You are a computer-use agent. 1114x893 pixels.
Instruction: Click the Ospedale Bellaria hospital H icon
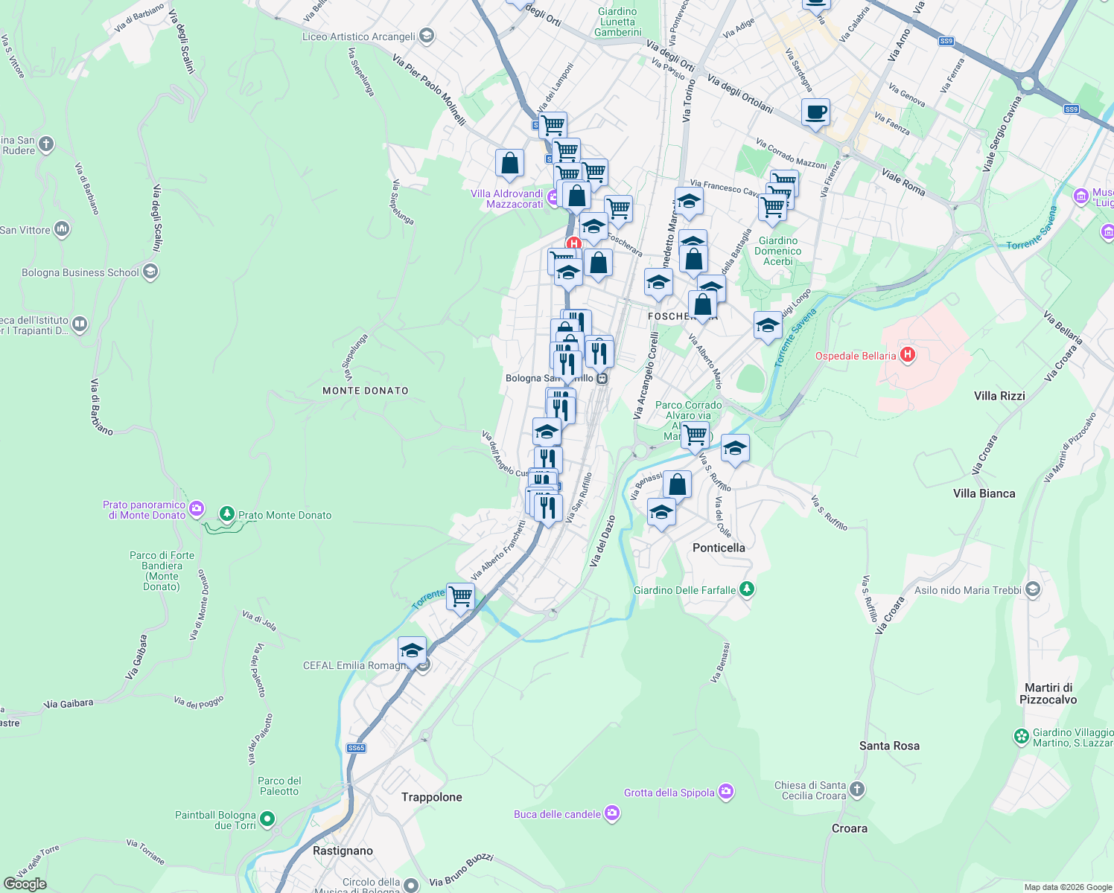(x=907, y=355)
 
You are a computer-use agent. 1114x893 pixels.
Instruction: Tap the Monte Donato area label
(x=365, y=391)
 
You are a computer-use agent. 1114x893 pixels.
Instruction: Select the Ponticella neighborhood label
(x=718, y=548)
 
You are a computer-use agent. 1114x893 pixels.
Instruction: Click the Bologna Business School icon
(x=150, y=272)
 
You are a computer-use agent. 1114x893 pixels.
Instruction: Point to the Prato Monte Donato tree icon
(x=226, y=514)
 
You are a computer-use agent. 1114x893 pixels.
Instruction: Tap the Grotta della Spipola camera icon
(x=726, y=793)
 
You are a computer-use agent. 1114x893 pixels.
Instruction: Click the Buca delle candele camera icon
(x=612, y=813)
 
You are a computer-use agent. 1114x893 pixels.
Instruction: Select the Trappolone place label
(x=431, y=797)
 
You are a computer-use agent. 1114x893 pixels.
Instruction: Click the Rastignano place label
(x=343, y=851)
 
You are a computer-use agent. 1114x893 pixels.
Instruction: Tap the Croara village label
(x=849, y=828)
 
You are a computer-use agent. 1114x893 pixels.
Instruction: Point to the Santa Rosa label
(x=889, y=746)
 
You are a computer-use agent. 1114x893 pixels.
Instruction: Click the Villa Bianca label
(x=984, y=493)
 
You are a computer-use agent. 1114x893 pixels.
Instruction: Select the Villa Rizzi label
(x=999, y=396)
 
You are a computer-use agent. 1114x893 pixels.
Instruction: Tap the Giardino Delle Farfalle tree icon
(x=747, y=589)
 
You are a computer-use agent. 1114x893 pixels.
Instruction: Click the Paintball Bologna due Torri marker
(x=267, y=819)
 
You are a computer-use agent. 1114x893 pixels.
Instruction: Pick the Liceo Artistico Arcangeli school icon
(x=427, y=36)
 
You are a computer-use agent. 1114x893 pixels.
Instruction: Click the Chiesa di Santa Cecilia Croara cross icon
(x=857, y=790)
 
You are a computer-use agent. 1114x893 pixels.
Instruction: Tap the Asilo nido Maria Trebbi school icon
(x=1032, y=590)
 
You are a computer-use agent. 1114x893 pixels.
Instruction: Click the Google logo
(x=25, y=883)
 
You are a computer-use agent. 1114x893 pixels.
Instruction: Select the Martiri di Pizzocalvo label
(x=1048, y=694)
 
